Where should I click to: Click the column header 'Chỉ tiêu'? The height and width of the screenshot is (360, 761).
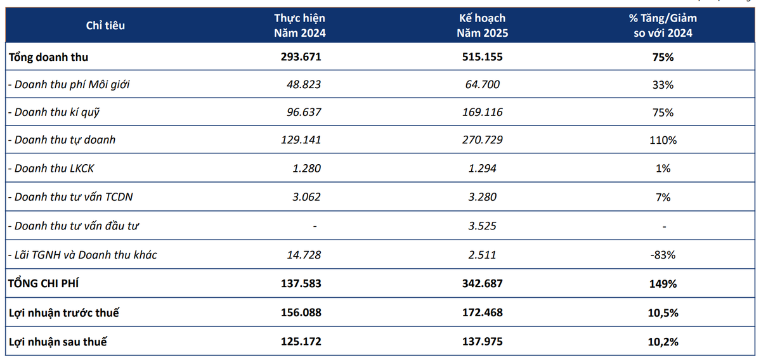[x=105, y=25]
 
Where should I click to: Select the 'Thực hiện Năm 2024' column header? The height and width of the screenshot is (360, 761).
[x=299, y=25]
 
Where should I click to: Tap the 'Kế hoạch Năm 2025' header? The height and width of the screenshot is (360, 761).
[x=482, y=25]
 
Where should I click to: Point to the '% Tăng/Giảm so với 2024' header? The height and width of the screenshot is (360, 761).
[x=663, y=25]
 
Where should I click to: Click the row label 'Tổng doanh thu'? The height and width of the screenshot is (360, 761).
[x=48, y=57]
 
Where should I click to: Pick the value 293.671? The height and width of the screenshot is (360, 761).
[x=301, y=56]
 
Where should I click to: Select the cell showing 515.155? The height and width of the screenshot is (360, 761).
[x=482, y=56]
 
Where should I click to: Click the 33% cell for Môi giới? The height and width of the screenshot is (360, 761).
[x=663, y=84]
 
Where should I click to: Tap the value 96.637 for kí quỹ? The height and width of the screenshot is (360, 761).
[x=304, y=112]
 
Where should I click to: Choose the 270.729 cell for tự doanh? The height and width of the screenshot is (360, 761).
[x=482, y=140]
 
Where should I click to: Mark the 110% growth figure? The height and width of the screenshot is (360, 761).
[x=663, y=140]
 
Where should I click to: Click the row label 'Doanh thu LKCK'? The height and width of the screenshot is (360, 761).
[x=51, y=169]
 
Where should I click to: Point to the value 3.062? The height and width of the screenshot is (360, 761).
[x=306, y=197]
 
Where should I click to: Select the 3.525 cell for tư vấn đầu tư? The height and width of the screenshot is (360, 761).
[x=482, y=226]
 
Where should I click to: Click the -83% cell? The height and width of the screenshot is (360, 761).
[x=663, y=255]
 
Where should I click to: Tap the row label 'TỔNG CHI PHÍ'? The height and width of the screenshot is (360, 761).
[x=44, y=283]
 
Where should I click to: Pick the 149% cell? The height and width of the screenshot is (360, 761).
[x=663, y=283]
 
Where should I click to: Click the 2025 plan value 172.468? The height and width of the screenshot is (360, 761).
[x=482, y=312]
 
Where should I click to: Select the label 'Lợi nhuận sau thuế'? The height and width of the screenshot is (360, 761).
[x=58, y=342]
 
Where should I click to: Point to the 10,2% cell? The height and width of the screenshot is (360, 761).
[x=663, y=342]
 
